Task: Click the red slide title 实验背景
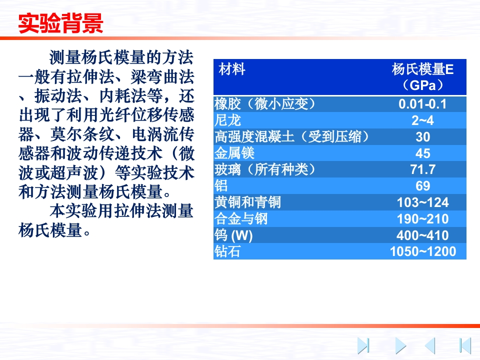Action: (x=60, y=23)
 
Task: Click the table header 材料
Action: (x=232, y=69)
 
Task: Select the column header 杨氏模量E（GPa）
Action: (x=423, y=77)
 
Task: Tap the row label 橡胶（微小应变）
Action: (x=265, y=104)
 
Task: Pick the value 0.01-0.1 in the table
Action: (x=423, y=104)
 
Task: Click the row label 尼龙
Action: (x=227, y=120)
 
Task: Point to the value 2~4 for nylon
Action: (x=423, y=120)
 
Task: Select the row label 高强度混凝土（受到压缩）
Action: (x=292, y=137)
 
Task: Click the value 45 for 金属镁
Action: (x=423, y=153)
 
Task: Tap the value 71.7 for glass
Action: (x=423, y=169)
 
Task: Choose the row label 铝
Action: (x=221, y=186)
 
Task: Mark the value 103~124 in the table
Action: (x=423, y=202)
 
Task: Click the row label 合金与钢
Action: (x=241, y=218)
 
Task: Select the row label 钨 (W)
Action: (x=233, y=235)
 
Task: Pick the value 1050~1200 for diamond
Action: (x=423, y=251)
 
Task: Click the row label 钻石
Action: (x=227, y=251)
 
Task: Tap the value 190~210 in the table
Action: (x=423, y=219)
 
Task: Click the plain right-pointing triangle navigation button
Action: (x=399, y=346)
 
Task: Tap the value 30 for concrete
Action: (x=423, y=137)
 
